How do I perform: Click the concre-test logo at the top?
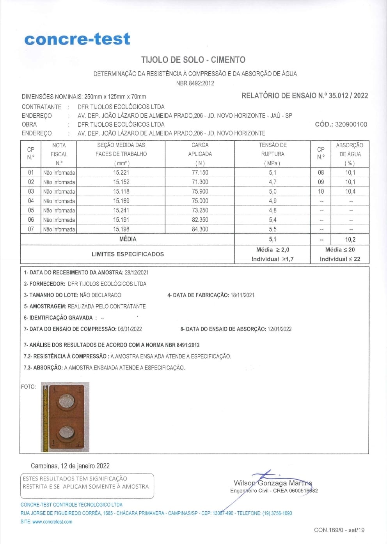pyautogui.click(x=77, y=39)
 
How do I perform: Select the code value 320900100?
pyautogui.click(x=351, y=125)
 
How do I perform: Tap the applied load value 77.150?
pyautogui.click(x=200, y=173)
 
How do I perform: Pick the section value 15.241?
pyautogui.click(x=121, y=210)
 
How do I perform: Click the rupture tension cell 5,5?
pyautogui.click(x=272, y=230)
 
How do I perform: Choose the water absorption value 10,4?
pyautogui.click(x=350, y=192)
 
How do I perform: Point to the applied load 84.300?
pyautogui.click(x=200, y=230)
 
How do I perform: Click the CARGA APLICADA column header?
pyautogui.click(x=200, y=154)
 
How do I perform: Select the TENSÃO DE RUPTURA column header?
pyautogui.click(x=272, y=154)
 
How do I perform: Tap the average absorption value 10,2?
pyautogui.click(x=350, y=240)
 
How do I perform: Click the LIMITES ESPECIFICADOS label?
pyautogui.click(x=128, y=254)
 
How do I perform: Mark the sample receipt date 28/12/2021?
pyautogui.click(x=137, y=273)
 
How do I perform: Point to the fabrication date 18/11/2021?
pyautogui.click(x=242, y=295)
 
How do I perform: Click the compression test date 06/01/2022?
pyautogui.click(x=130, y=329)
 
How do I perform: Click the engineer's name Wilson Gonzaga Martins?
pyautogui.click(x=273, y=483)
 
